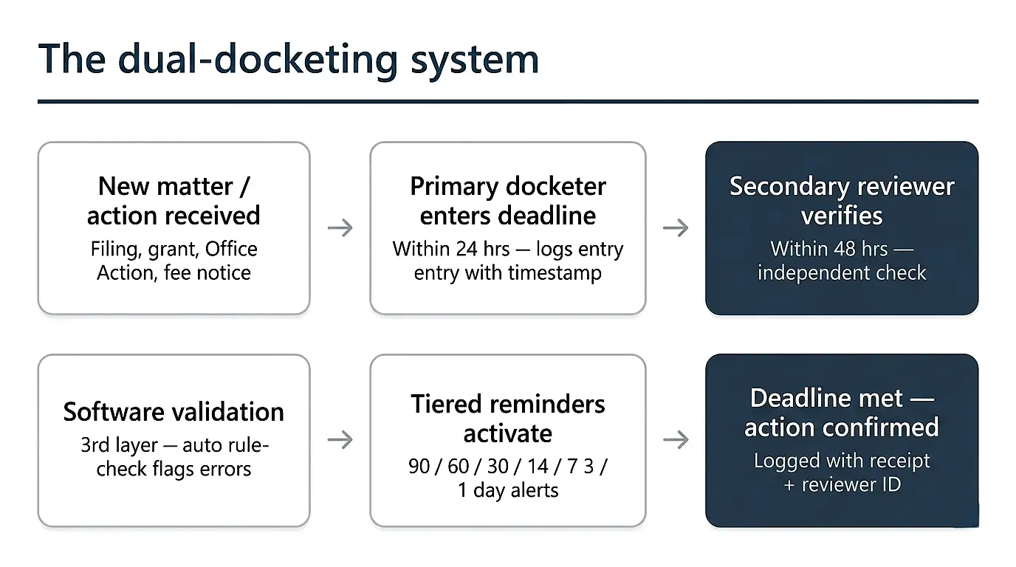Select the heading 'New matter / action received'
click(x=174, y=200)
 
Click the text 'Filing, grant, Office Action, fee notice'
click(x=174, y=261)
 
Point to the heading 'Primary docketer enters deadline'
click(x=508, y=200)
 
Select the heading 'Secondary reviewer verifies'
click(x=842, y=200)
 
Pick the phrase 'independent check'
click(x=842, y=273)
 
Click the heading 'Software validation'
click(x=174, y=412)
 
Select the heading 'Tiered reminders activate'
click(x=508, y=418)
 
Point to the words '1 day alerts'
click(x=508, y=490)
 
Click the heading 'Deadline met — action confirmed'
click(x=842, y=412)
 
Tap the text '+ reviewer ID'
click(x=842, y=485)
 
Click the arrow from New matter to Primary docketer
click(x=340, y=228)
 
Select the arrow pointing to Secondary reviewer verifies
click(x=676, y=228)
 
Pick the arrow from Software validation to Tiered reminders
click(x=340, y=440)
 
